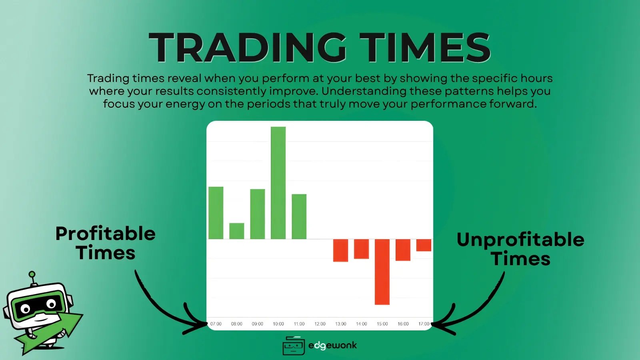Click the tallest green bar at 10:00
(278, 183)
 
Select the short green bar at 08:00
(236, 231)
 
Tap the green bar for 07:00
(216, 213)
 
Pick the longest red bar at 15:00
(382, 272)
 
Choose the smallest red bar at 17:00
(424, 245)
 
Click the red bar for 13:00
(340, 250)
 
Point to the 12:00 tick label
(320, 324)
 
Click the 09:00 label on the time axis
(257, 324)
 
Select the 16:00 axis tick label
(403, 324)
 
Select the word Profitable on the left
(105, 234)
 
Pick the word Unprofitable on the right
(520, 240)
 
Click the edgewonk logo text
(332, 345)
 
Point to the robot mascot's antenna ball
(32, 275)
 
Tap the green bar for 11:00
(299, 216)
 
